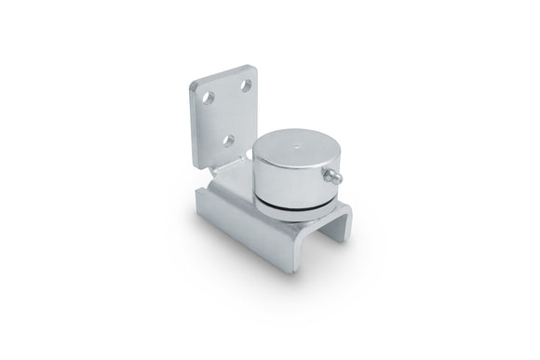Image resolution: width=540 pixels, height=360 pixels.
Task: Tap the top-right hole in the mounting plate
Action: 244,85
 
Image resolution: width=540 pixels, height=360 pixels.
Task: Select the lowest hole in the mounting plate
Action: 226,140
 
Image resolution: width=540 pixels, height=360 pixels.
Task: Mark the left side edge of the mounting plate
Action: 191,130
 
